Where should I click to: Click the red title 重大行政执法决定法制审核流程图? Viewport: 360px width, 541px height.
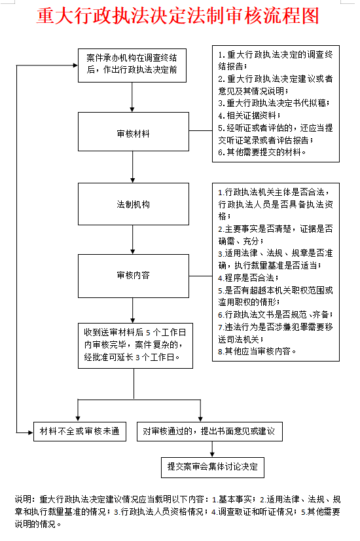(178, 16)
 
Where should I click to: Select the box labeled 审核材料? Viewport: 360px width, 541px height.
(134, 132)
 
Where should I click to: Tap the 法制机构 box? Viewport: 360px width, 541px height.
(134, 204)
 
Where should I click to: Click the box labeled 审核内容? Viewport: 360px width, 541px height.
(134, 276)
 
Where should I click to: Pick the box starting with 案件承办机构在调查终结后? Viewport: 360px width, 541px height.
(132, 65)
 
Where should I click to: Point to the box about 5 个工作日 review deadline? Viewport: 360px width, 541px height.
(135, 346)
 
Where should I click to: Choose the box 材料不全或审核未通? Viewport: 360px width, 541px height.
(80, 431)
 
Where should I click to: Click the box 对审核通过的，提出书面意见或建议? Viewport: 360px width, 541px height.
(209, 431)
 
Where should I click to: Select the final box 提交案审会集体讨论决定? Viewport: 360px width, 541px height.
(213, 468)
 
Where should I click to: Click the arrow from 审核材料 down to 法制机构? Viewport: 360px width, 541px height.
(133, 167)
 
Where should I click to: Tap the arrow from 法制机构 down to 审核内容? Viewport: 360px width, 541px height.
(133, 240)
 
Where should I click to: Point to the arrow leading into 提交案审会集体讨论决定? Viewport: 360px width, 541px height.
(212, 449)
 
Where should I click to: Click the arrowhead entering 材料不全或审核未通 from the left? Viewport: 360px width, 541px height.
(30, 432)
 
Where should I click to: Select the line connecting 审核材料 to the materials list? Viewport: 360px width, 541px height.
(201, 131)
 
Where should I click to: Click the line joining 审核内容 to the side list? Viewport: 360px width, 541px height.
(201, 276)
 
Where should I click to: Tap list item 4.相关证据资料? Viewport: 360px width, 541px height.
(249, 115)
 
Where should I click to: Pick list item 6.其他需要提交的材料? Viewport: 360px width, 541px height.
(262, 152)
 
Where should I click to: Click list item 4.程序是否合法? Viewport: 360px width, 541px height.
(248, 278)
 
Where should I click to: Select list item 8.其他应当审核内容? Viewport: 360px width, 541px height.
(257, 351)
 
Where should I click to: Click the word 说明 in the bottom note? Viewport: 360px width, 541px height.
(25, 499)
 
